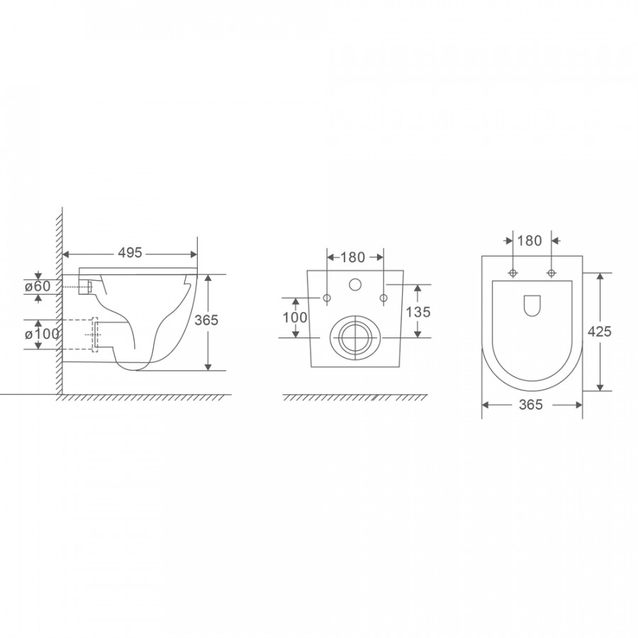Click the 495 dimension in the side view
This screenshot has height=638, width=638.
[130, 252]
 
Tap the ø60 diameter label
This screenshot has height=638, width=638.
[38, 286]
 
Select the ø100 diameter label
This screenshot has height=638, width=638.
[42, 334]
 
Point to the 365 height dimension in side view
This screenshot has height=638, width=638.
[206, 320]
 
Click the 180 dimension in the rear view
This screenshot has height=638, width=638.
[353, 257]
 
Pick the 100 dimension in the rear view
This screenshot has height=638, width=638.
[295, 317]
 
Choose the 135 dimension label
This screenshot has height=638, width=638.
[418, 312]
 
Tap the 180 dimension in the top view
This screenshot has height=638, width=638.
[530, 240]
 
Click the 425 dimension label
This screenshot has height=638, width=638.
[599, 332]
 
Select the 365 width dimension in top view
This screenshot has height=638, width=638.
[531, 405]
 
